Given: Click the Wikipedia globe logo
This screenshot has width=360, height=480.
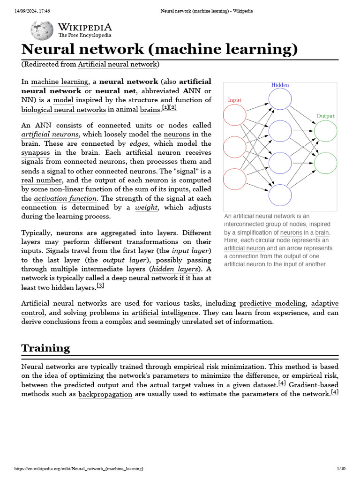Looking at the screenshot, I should (42, 30).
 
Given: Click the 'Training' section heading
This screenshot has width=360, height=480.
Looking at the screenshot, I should (45, 348).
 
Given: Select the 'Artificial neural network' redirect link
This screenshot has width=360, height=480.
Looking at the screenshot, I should (118, 64).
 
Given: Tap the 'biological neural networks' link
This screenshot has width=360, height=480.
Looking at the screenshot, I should (63, 109).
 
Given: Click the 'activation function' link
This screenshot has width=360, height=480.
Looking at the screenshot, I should (65, 198).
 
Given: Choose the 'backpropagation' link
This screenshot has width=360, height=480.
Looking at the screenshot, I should (105, 394).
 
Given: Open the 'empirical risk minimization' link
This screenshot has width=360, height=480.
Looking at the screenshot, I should (219, 367).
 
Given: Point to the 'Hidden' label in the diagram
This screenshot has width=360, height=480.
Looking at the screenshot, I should (280, 85).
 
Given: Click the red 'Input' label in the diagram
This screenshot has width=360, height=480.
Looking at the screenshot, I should (234, 100).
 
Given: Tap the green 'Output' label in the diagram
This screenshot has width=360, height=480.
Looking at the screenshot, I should (325, 116).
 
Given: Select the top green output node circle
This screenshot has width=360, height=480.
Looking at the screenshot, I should (325, 132).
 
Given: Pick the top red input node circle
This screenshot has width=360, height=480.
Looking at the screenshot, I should (234, 115).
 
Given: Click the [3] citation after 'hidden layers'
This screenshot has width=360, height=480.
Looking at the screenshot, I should (100, 285).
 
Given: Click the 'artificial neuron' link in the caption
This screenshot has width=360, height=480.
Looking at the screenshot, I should (244, 248).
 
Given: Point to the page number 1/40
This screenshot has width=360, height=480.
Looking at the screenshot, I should (341, 469).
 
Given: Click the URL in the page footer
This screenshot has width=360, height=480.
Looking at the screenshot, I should (79, 469).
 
